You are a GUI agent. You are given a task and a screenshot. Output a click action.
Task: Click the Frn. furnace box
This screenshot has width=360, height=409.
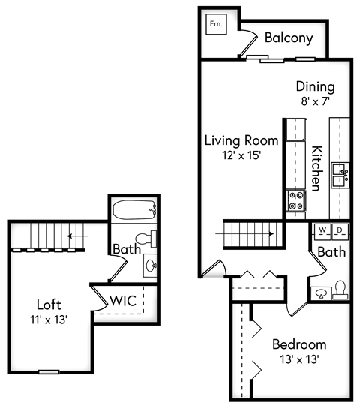217,23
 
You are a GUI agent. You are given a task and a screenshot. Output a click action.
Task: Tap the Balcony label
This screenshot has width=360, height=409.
289,38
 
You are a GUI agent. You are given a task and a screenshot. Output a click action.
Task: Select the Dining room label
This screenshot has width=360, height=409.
315,86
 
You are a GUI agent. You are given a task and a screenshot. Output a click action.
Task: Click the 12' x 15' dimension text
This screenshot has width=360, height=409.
241,155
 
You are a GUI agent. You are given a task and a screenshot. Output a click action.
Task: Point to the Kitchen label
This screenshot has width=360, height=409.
317,167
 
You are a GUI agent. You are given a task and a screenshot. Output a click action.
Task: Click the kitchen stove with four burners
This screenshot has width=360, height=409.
295,199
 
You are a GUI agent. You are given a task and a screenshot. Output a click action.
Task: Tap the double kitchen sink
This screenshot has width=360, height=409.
341,175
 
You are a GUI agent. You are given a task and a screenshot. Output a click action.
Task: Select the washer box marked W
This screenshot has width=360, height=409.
322,230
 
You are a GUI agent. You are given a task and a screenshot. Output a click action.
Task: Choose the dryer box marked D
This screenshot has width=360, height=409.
338,230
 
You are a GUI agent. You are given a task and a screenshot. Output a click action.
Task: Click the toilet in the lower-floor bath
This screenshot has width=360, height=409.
340,288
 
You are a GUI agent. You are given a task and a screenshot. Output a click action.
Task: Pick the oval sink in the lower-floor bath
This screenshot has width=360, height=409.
322,293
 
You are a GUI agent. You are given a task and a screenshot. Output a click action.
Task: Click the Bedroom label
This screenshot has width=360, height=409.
299,344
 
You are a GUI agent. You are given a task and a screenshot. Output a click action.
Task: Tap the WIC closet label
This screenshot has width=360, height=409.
122,300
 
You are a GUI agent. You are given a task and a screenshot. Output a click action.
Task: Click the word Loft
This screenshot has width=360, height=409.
49,305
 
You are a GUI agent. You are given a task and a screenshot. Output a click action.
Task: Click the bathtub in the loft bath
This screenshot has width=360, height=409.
133,207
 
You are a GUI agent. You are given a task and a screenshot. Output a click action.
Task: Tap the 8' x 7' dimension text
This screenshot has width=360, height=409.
315,101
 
